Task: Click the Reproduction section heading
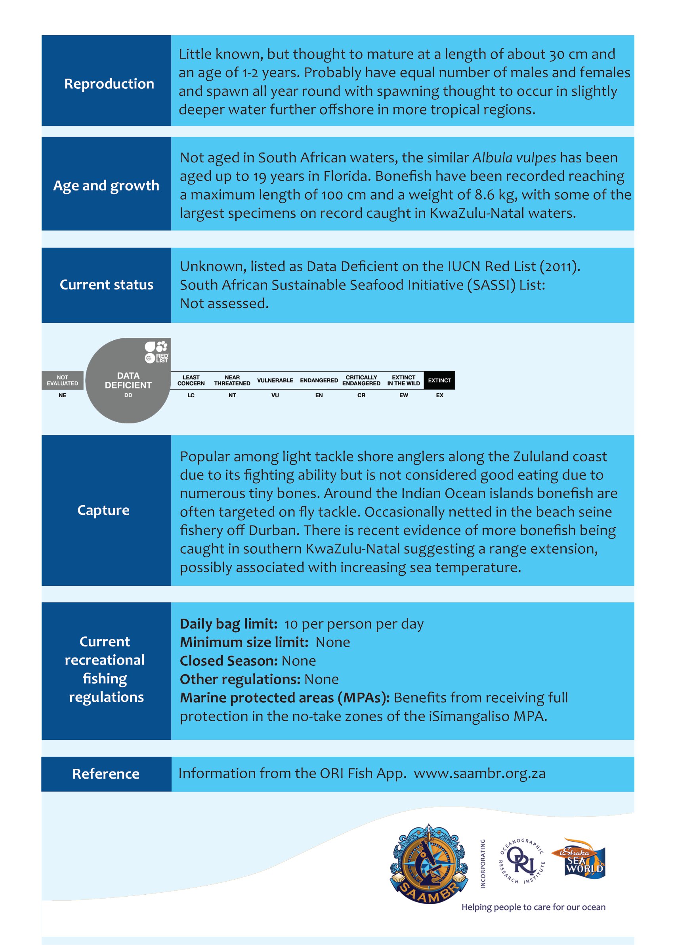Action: tap(109, 84)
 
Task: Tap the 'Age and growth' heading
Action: tap(106, 185)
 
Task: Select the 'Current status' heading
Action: tap(106, 285)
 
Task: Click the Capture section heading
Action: tap(103, 510)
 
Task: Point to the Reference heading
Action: tap(106, 774)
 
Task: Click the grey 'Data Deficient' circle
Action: tap(128, 380)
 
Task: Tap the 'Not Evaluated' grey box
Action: tap(62, 380)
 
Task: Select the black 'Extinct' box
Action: tap(439, 380)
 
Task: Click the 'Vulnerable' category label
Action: tap(275, 380)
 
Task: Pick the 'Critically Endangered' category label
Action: tap(361, 380)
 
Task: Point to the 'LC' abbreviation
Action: tap(191, 395)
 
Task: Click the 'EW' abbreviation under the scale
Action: tap(403, 395)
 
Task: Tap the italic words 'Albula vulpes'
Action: tap(514, 158)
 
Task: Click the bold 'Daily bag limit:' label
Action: tap(229, 624)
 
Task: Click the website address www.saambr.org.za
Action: tap(479, 774)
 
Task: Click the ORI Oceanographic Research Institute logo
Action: tap(522, 861)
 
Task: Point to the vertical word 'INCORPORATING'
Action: tap(483, 863)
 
